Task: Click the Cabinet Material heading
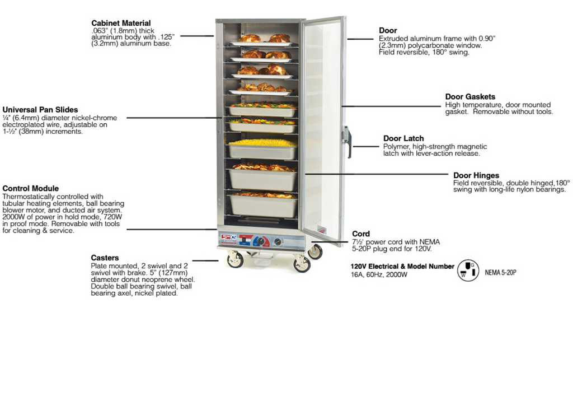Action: tap(121, 23)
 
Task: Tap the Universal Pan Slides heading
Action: tap(40, 110)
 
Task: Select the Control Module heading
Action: tap(31, 188)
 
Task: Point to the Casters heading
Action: tap(105, 258)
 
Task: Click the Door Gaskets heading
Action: tap(470, 96)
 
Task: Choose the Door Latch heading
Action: tap(403, 138)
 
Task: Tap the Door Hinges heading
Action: tap(476, 175)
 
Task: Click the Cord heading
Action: tap(361, 234)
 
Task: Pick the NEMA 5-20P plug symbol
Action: tap(468, 271)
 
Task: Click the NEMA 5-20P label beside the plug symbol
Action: tap(501, 272)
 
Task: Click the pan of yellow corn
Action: tap(263, 148)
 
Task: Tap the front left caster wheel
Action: tap(234, 260)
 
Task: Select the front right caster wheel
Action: tap(302, 263)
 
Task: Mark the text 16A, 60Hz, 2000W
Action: tap(379, 274)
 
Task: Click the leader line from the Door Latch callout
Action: tap(366, 146)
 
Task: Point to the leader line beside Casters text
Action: tap(205, 260)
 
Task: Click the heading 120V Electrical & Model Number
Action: tap(402, 266)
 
